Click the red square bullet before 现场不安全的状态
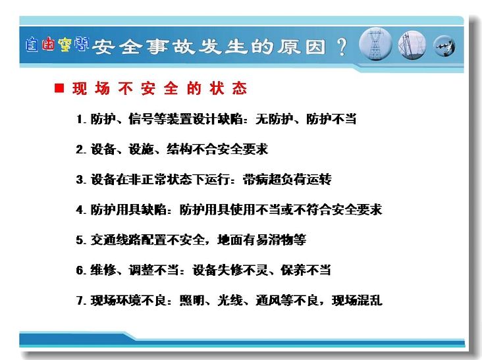tap(59, 88)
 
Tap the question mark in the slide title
tap(342, 47)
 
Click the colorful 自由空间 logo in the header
tap(57, 45)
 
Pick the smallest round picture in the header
tap(444, 46)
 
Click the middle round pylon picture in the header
tap(412, 45)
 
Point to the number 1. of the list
tap(82, 119)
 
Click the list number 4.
tap(81, 210)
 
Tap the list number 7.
tap(81, 300)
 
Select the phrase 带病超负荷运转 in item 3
tap(287, 180)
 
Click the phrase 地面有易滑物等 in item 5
tap(261, 240)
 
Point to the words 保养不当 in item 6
tap(306, 270)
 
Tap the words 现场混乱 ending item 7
tap(357, 300)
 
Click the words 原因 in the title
tap(302, 47)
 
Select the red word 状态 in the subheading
tap(228, 88)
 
